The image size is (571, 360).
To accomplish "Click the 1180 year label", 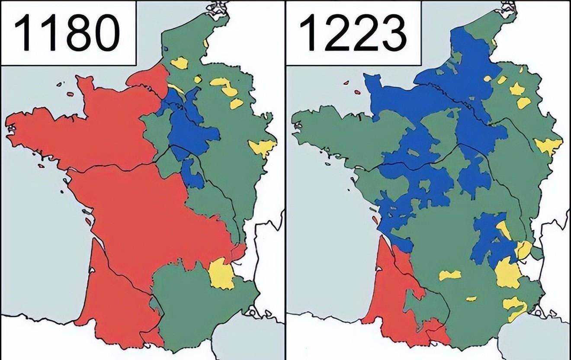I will point(67,32).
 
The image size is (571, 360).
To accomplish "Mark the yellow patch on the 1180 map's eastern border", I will point(262,148).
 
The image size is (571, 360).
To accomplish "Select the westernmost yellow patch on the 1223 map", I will point(450,275).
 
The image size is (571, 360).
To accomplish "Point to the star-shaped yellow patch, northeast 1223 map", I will point(516,89).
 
